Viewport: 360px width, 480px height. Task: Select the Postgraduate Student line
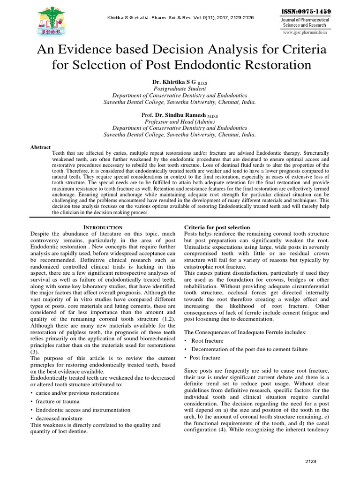pyautogui.click(x=180, y=88)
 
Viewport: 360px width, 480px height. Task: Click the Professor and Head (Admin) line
pyautogui.click(x=180, y=121)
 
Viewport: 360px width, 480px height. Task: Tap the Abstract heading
pyautogui.click(x=40, y=147)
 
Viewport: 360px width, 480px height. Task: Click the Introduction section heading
pyautogui.click(x=103, y=227)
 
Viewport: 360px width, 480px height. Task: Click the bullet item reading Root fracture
pyautogui.click(x=207, y=341)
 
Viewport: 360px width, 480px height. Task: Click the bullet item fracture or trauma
pyautogui.click(x=58, y=401)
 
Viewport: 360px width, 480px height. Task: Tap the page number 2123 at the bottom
pyautogui.click(x=311, y=462)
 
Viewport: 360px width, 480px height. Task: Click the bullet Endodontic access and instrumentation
pyautogui.click(x=82, y=409)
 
